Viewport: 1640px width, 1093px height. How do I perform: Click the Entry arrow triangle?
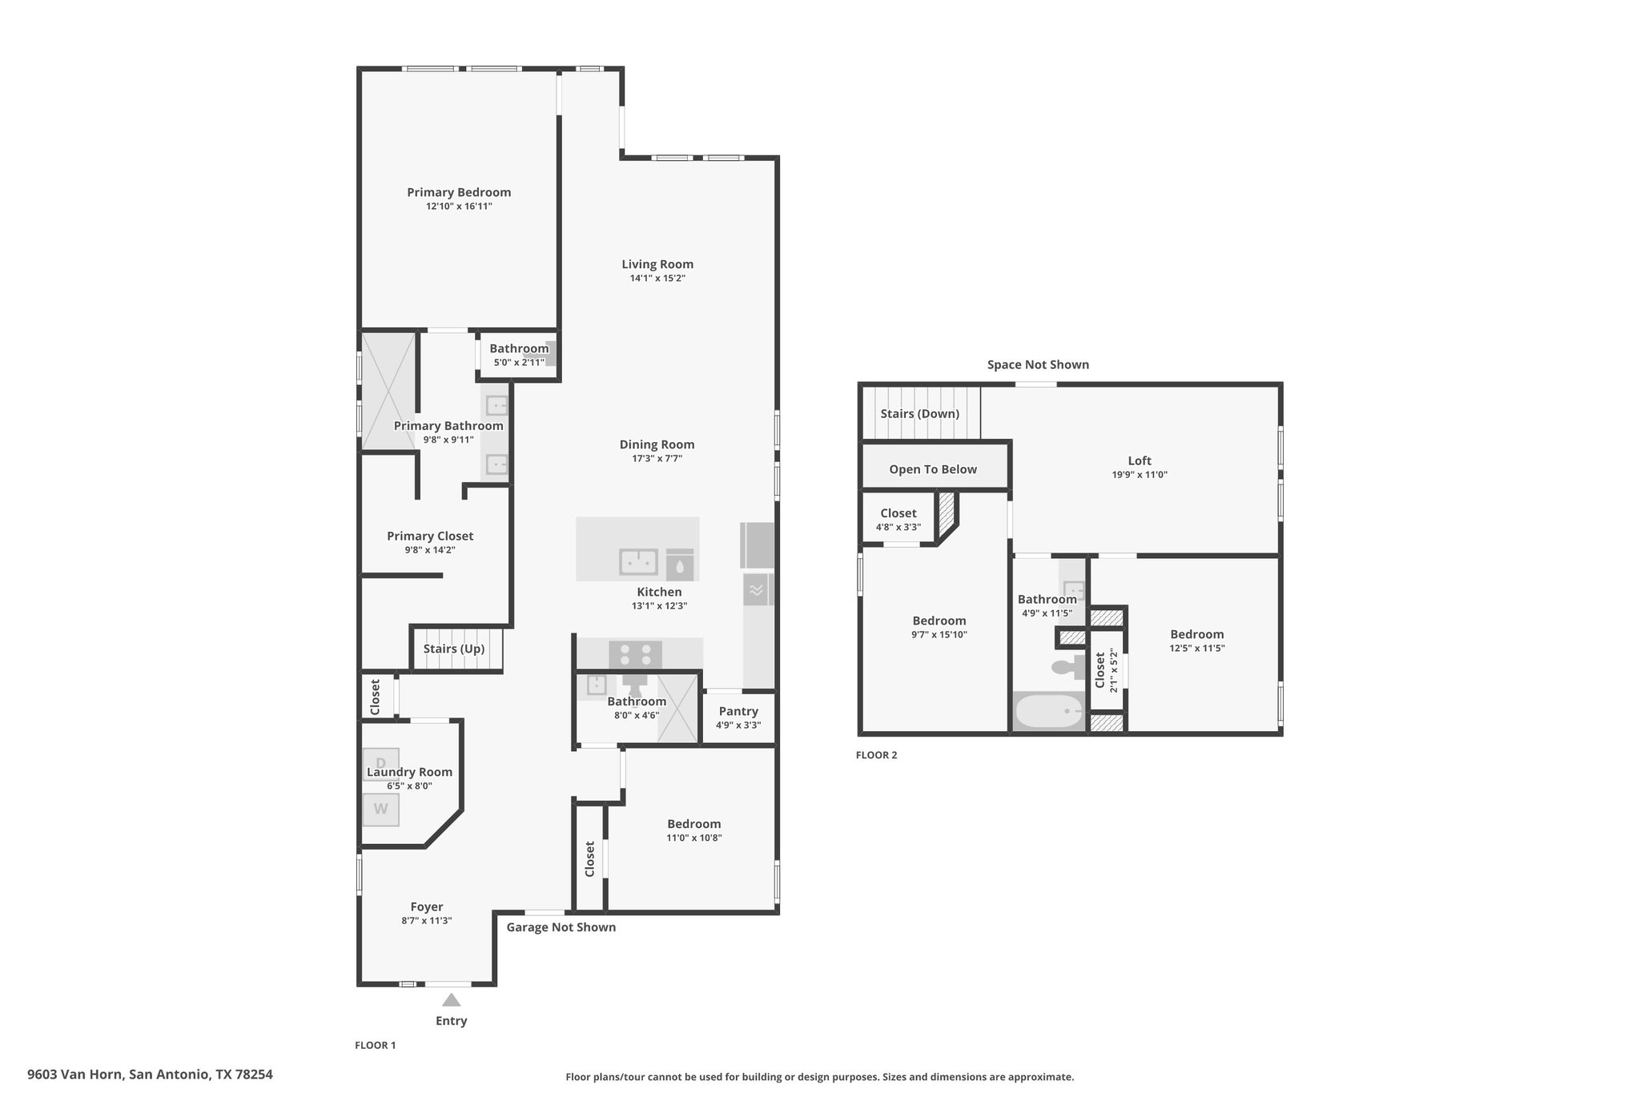pyautogui.click(x=452, y=999)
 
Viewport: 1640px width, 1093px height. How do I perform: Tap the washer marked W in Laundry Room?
pyautogui.click(x=381, y=809)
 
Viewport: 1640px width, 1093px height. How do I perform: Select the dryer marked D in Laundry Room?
pyautogui.click(x=381, y=763)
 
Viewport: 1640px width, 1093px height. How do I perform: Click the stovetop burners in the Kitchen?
pyautogui.click(x=636, y=654)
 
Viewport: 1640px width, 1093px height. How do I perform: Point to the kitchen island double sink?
pyautogui.click(x=638, y=562)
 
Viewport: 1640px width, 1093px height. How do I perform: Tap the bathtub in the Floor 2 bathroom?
pyautogui.click(x=1048, y=711)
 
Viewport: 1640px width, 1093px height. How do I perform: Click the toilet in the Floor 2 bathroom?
pyautogui.click(x=1068, y=666)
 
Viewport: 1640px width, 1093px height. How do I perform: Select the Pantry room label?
pyautogui.click(x=738, y=711)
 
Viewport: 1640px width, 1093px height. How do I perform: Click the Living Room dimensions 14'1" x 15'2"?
pyautogui.click(x=657, y=279)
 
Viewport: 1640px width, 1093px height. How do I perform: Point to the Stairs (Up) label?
pyautogui.click(x=454, y=649)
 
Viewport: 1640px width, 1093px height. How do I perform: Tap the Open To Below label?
pyautogui.click(x=933, y=469)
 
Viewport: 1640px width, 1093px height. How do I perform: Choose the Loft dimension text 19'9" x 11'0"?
pyautogui.click(x=1140, y=475)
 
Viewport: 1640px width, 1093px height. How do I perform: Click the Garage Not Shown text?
pyautogui.click(x=561, y=927)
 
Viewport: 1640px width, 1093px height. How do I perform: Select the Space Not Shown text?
pyautogui.click(x=1038, y=365)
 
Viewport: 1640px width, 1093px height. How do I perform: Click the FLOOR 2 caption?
pyautogui.click(x=877, y=755)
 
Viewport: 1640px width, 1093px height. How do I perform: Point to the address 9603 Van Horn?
pyautogui.click(x=75, y=1075)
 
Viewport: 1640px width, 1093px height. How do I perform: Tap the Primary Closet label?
pyautogui.click(x=430, y=536)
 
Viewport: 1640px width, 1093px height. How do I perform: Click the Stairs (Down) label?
pyautogui.click(x=920, y=414)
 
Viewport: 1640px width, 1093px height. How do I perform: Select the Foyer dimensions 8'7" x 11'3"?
pyautogui.click(x=427, y=921)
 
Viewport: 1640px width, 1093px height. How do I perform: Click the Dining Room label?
pyautogui.click(x=657, y=444)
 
